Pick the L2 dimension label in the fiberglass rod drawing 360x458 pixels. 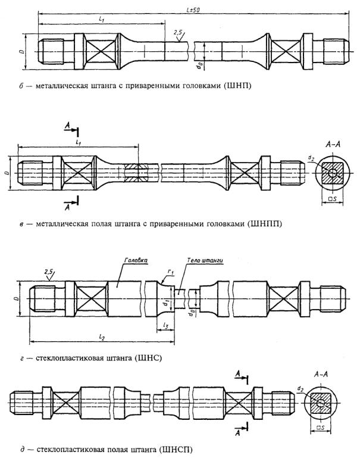[x=101, y=337]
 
